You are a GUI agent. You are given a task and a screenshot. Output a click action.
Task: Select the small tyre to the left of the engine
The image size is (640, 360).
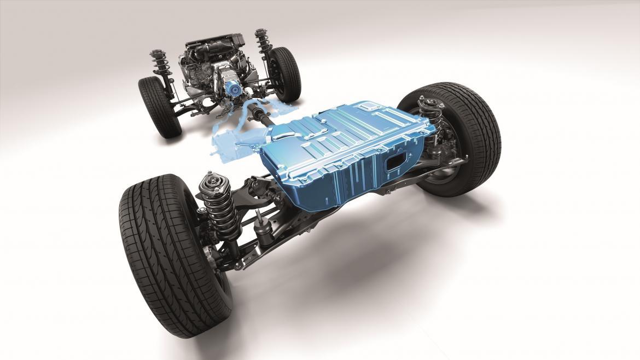point(159,106)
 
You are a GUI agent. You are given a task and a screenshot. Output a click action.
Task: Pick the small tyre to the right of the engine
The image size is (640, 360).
point(285,73)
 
